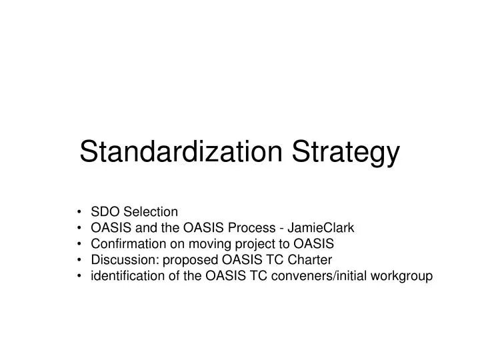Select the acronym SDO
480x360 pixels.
(x=103, y=212)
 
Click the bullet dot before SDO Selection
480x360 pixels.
(x=80, y=213)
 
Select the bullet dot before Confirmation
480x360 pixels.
(x=80, y=244)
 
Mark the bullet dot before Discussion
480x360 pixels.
(x=80, y=259)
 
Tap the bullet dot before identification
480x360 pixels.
(x=80, y=275)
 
